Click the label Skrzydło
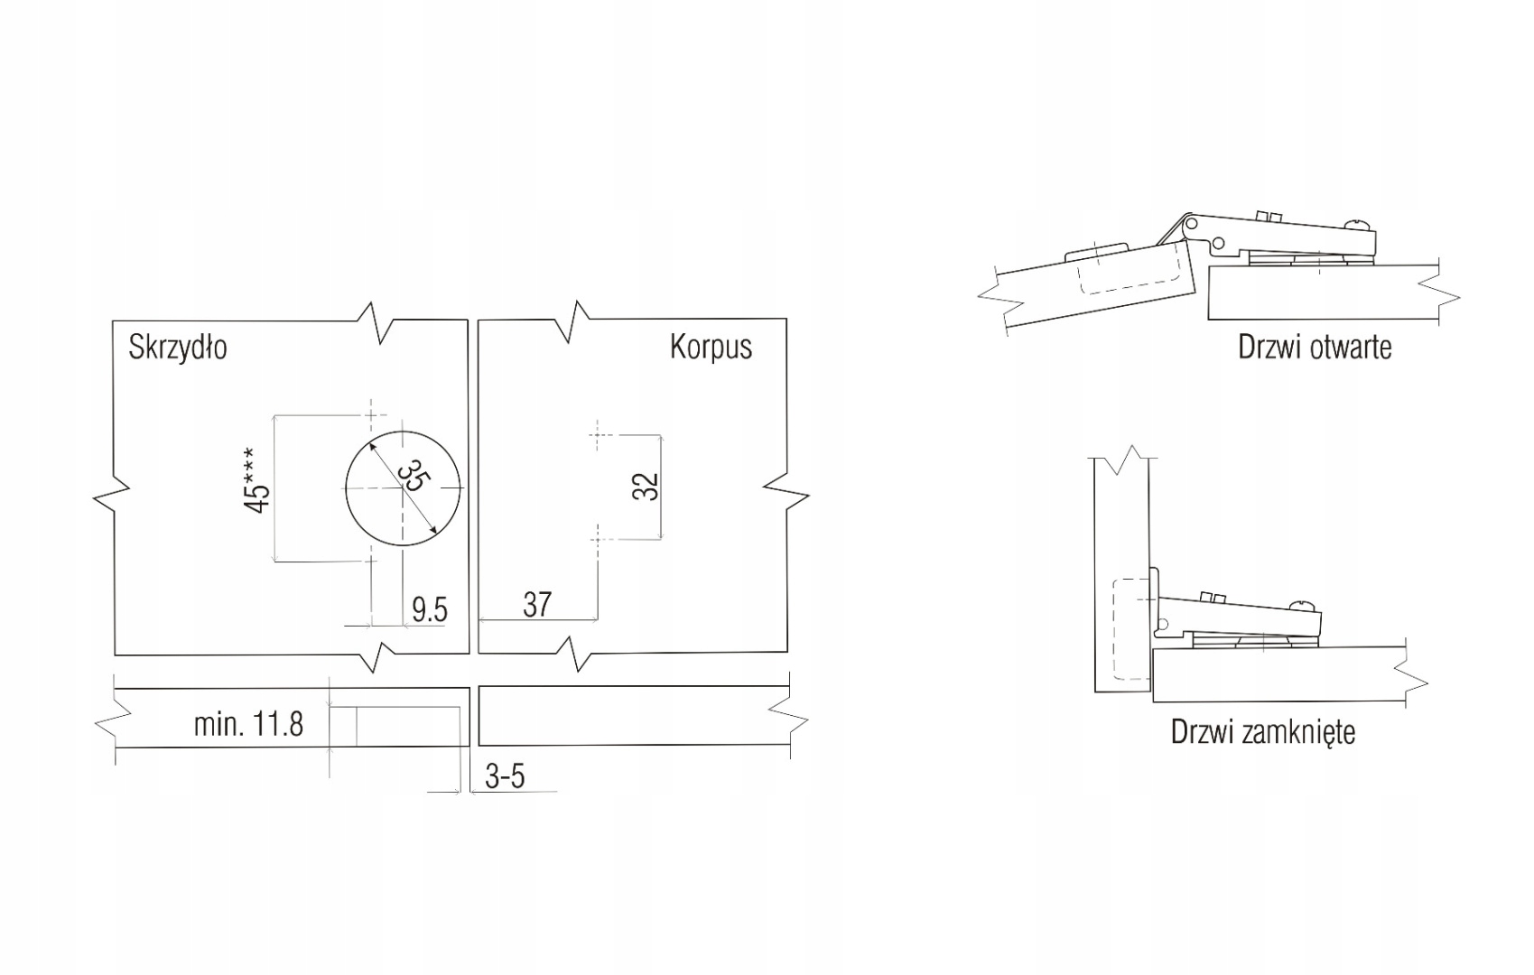pyautogui.click(x=177, y=348)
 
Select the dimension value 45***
pyautogui.click(x=257, y=481)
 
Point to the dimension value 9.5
pyautogui.click(x=430, y=610)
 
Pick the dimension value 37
pyautogui.click(x=537, y=605)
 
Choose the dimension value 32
pyautogui.click(x=646, y=486)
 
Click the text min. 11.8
pyautogui.click(x=248, y=724)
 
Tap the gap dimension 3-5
pyautogui.click(x=505, y=776)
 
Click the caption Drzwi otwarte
pyautogui.click(x=1315, y=348)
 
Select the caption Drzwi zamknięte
pyautogui.click(x=1263, y=731)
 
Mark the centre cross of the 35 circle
pyautogui.click(x=402, y=487)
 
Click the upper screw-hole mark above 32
pyautogui.click(x=596, y=434)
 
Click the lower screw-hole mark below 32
pyautogui.click(x=596, y=538)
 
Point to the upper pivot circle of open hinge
pyautogui.click(x=1192, y=221)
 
